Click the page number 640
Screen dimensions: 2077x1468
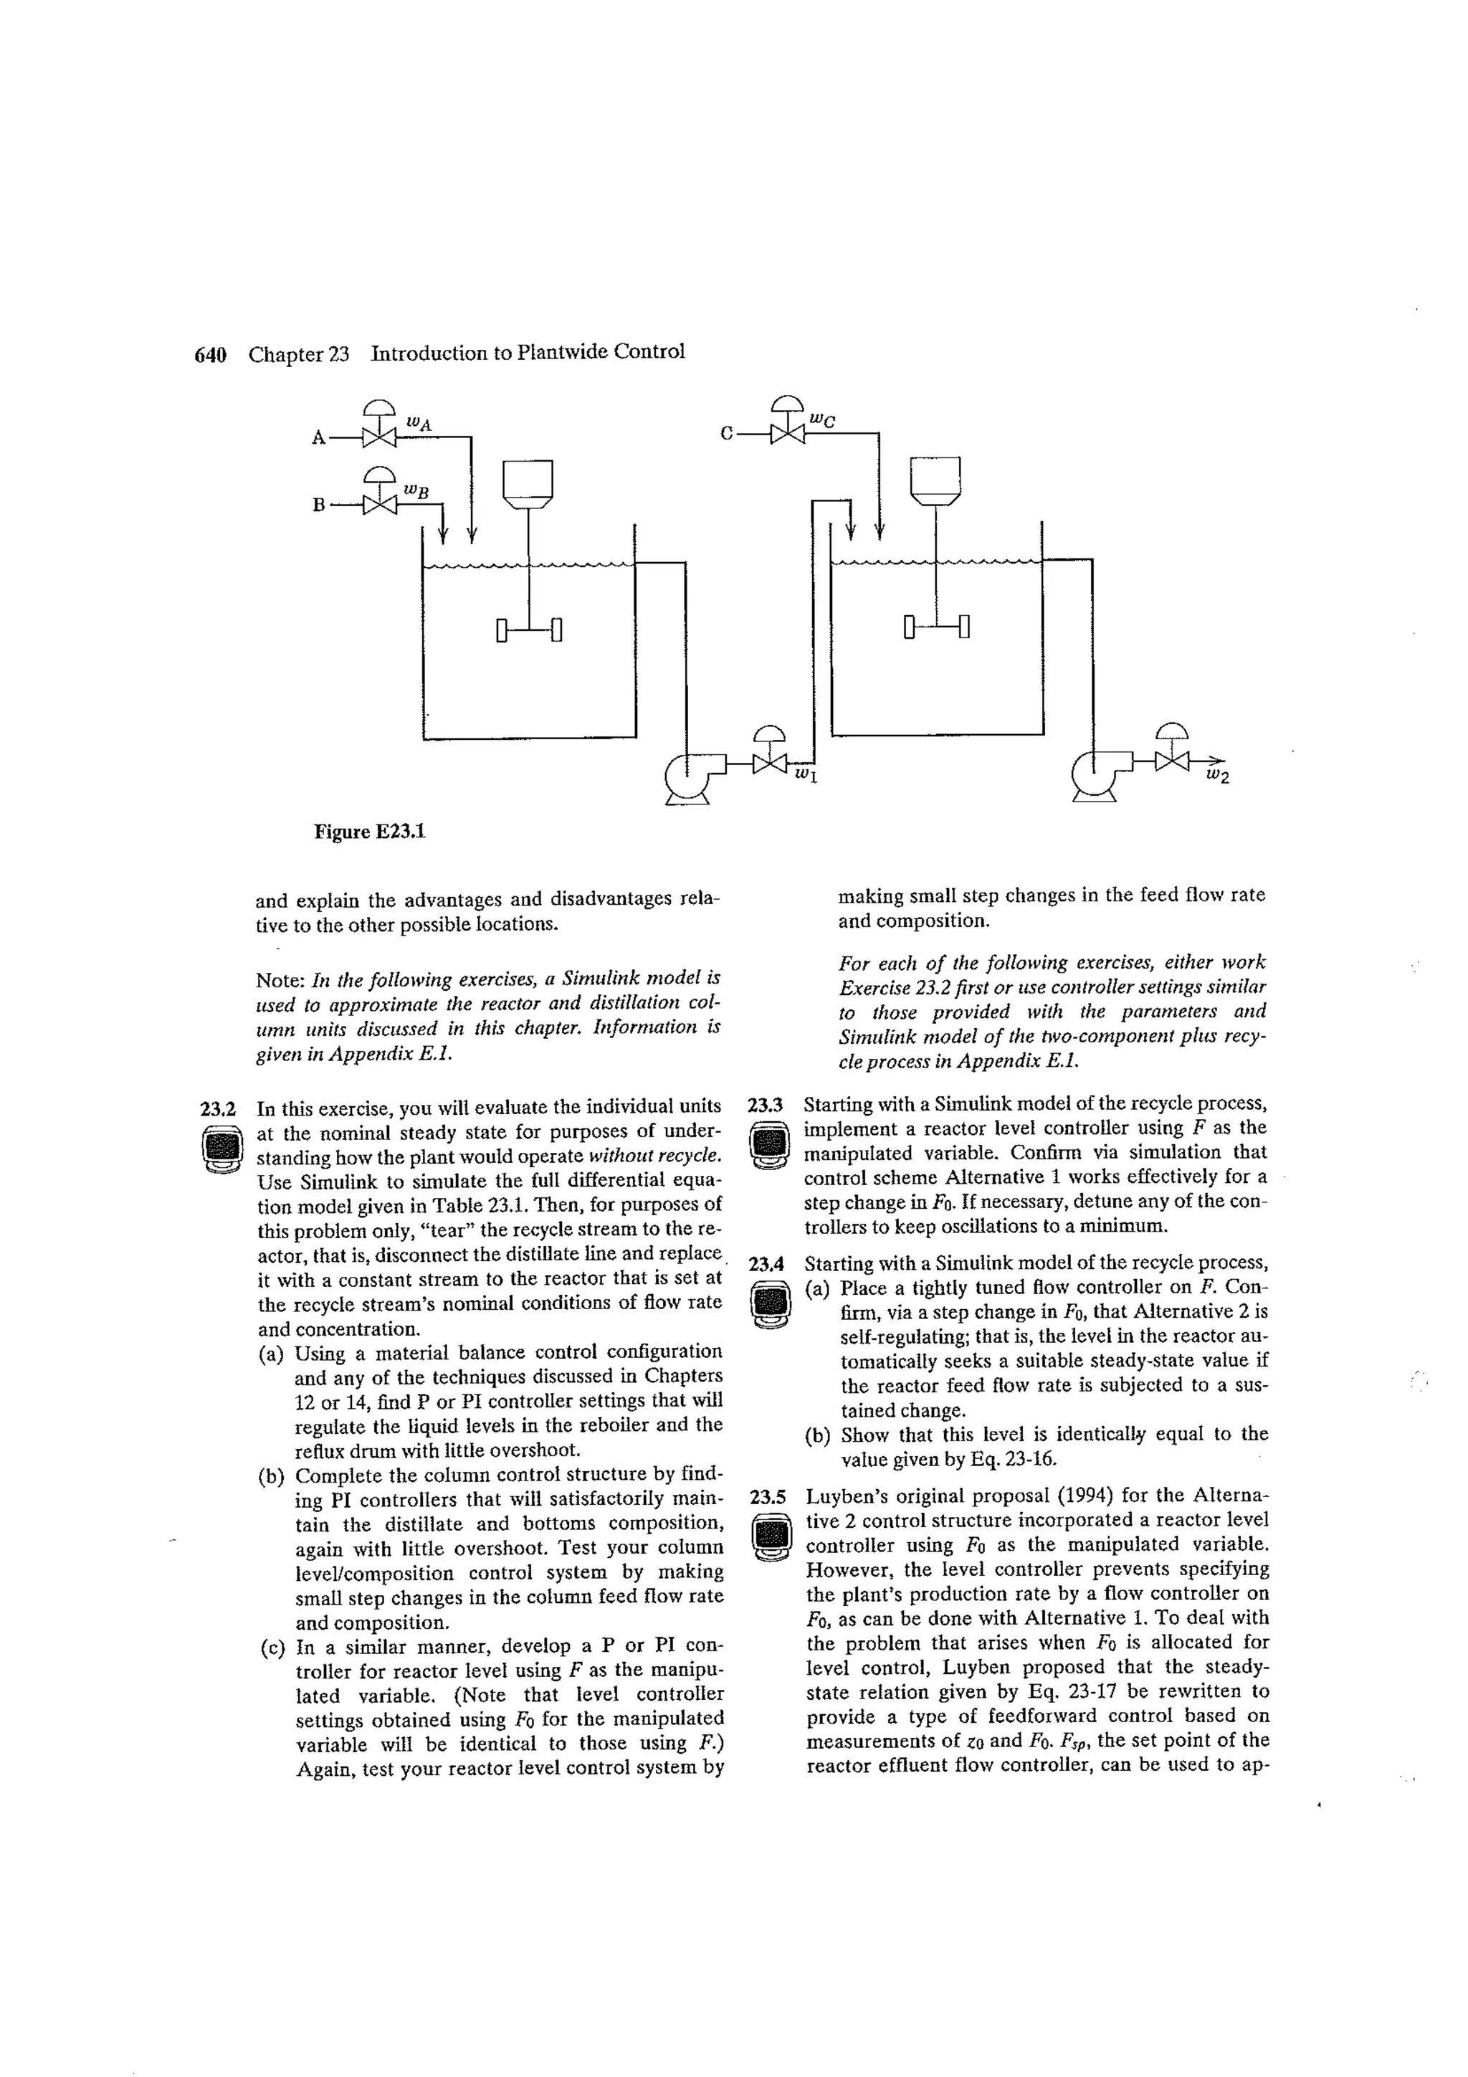point(210,353)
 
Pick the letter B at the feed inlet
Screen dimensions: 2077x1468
point(318,505)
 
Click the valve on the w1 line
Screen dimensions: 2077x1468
point(769,764)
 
